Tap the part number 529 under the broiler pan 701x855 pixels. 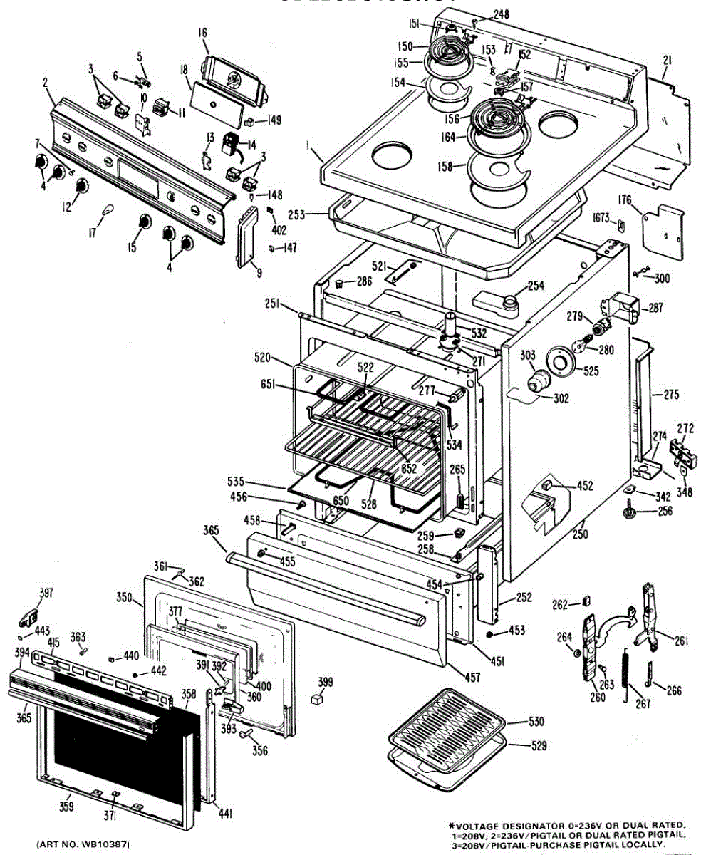[539, 746]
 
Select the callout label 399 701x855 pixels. [325, 683]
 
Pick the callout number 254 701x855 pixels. [535, 286]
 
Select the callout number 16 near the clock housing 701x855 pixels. [202, 33]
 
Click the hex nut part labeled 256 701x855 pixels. [630, 512]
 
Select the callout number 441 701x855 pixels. [226, 813]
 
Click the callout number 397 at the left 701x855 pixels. [46, 593]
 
